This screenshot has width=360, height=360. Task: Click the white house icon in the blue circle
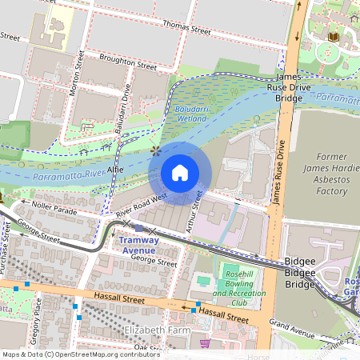coord(180,173)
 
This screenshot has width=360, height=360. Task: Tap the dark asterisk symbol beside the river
coord(156,150)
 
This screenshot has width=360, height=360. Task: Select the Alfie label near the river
coord(116,170)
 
